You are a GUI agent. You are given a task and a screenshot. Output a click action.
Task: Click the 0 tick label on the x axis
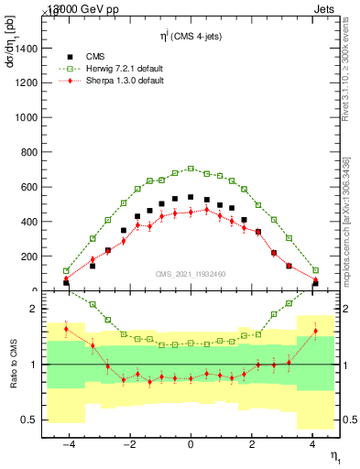coord(191,444)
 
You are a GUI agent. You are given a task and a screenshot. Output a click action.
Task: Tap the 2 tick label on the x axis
coord(252,444)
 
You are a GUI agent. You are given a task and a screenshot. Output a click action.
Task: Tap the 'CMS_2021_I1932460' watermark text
coord(191,273)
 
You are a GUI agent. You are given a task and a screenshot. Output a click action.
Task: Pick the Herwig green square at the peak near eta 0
coord(191,169)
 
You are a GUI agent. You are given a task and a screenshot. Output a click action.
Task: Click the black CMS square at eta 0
coord(191,197)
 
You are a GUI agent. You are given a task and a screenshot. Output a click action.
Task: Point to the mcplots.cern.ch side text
coord(351,229)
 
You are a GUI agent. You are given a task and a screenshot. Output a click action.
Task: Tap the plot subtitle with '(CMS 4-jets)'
coord(192,34)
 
